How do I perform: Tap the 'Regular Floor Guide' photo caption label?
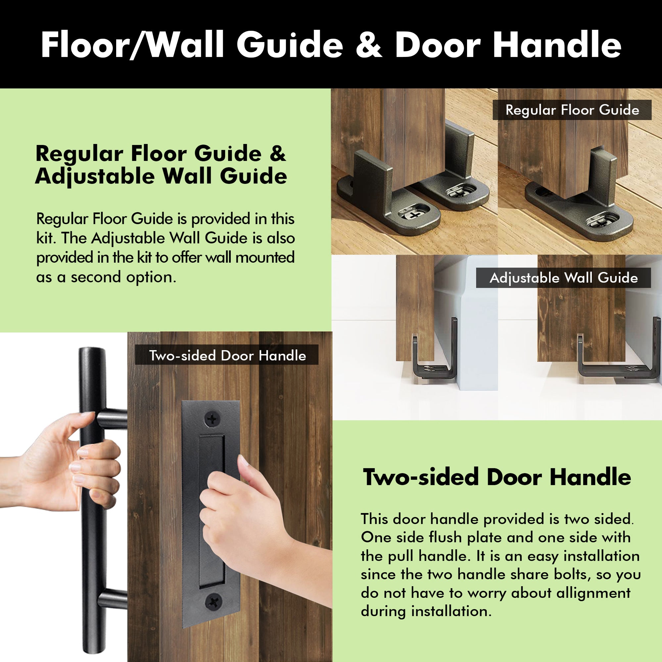click(x=572, y=110)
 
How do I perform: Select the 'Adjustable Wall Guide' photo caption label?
click(x=563, y=278)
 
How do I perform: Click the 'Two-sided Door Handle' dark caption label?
click(x=227, y=356)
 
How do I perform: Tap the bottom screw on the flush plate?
click(x=213, y=601)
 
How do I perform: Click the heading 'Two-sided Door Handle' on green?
click(x=497, y=477)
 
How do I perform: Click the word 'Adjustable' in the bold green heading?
click(x=95, y=176)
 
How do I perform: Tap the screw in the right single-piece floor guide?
click(x=601, y=221)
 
